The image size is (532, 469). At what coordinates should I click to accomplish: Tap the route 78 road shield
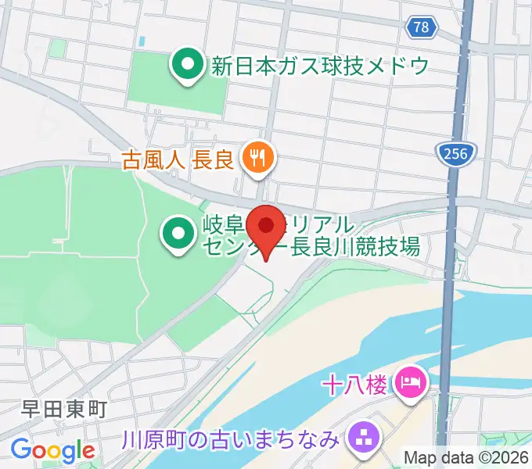420,27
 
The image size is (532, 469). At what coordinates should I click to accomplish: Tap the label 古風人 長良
178,160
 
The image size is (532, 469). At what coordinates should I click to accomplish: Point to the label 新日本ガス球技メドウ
320,66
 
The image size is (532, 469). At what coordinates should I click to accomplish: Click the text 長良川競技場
356,249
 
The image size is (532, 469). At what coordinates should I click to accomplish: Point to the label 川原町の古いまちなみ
231,439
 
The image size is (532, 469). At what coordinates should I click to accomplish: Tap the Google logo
52,450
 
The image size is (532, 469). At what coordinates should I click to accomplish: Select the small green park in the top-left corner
57,48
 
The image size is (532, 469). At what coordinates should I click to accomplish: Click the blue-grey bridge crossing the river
448,313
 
